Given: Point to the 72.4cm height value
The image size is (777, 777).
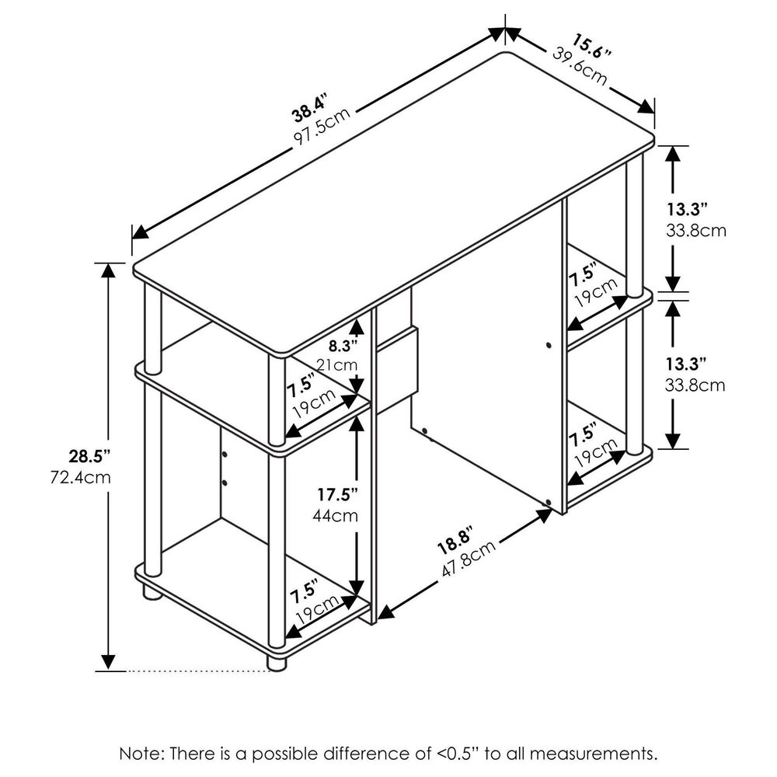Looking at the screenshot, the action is coord(81,478).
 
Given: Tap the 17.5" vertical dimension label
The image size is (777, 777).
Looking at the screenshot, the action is coord(337,494).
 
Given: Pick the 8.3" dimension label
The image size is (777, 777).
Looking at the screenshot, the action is coord(343,344).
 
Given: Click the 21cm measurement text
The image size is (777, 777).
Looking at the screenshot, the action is coord(337,365).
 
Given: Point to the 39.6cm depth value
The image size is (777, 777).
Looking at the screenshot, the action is coord(580,66).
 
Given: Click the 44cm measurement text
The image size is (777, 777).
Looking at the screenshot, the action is coord(335,516).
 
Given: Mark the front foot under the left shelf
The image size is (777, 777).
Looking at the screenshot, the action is coord(277,663).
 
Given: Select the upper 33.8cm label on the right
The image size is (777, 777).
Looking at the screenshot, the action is coord(695,231).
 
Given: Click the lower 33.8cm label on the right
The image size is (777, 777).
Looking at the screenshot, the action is coord(695,385).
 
